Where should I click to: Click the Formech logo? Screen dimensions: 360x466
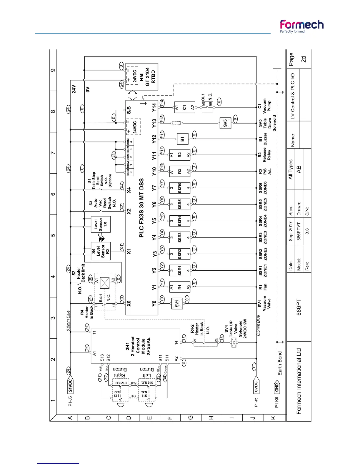coord(301,26)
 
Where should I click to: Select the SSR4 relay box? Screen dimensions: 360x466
coord(180,221)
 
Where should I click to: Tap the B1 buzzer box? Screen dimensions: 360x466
coord(182,139)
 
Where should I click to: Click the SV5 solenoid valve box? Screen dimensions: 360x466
coord(225,122)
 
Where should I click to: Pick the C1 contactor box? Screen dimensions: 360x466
coord(185,107)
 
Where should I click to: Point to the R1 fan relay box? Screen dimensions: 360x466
coord(180,287)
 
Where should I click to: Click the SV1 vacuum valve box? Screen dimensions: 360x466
coord(177,303)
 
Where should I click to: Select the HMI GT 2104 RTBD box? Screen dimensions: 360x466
coord(142,77)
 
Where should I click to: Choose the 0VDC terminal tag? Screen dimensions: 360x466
coord(256,387)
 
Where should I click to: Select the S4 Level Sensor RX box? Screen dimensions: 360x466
coord(101,251)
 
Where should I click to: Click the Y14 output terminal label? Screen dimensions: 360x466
coord(154,107)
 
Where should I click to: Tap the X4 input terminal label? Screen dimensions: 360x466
coord(129,190)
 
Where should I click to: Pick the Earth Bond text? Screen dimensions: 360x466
coord(280,363)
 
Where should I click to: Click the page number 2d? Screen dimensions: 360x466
coord(304,59)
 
